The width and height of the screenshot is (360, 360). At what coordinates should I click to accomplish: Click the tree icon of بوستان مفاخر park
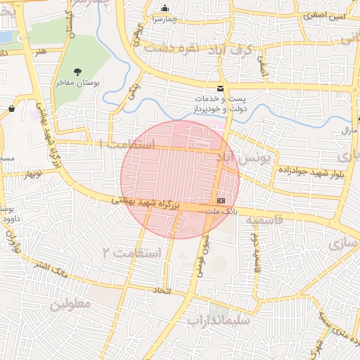tap(77, 71)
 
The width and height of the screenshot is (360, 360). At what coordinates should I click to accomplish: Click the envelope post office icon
tap(221, 89)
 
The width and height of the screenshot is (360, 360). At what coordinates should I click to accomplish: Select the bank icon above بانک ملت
tap(222, 200)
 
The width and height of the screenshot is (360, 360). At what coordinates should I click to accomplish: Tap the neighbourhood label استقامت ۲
tap(132, 252)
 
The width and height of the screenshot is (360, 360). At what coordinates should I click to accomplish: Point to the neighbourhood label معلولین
tap(70, 304)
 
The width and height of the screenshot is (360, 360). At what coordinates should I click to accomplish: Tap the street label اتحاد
tap(163, 290)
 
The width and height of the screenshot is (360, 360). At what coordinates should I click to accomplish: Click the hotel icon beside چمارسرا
tap(165, 8)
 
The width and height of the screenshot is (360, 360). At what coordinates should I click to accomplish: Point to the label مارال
tap(349, 131)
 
